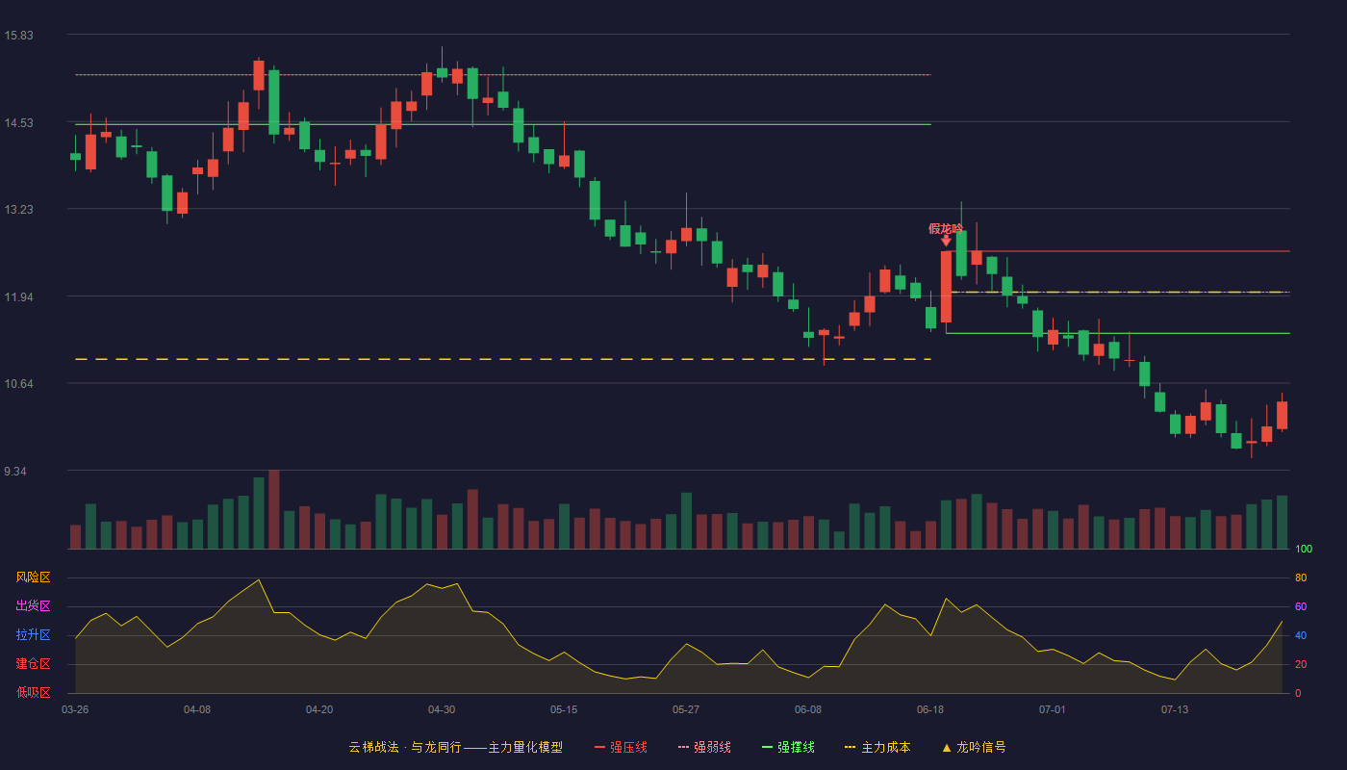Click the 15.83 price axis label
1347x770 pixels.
[x=18, y=35]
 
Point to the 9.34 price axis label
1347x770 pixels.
[x=15, y=471]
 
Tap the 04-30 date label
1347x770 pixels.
[x=442, y=710]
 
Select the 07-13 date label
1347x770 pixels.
[x=1175, y=710]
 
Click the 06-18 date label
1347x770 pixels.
[x=930, y=710]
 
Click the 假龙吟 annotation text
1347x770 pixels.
[x=945, y=229]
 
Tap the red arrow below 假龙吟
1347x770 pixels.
[x=946, y=241]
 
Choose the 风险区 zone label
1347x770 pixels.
[x=33, y=577]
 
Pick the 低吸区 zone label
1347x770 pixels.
[x=33, y=693]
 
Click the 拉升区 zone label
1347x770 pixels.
[x=33, y=635]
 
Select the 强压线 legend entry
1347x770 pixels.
[x=621, y=747]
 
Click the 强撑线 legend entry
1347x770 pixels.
[x=788, y=747]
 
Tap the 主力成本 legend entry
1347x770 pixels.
[x=877, y=747]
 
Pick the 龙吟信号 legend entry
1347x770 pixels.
[x=974, y=747]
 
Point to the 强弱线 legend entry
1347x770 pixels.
[x=704, y=747]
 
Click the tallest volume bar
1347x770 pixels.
[x=273, y=509]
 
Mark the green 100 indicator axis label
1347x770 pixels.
[x=1304, y=549]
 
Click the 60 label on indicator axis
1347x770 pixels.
[x=1301, y=606]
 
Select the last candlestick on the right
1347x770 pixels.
[x=1282, y=415]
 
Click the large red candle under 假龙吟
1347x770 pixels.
[x=946, y=287]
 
